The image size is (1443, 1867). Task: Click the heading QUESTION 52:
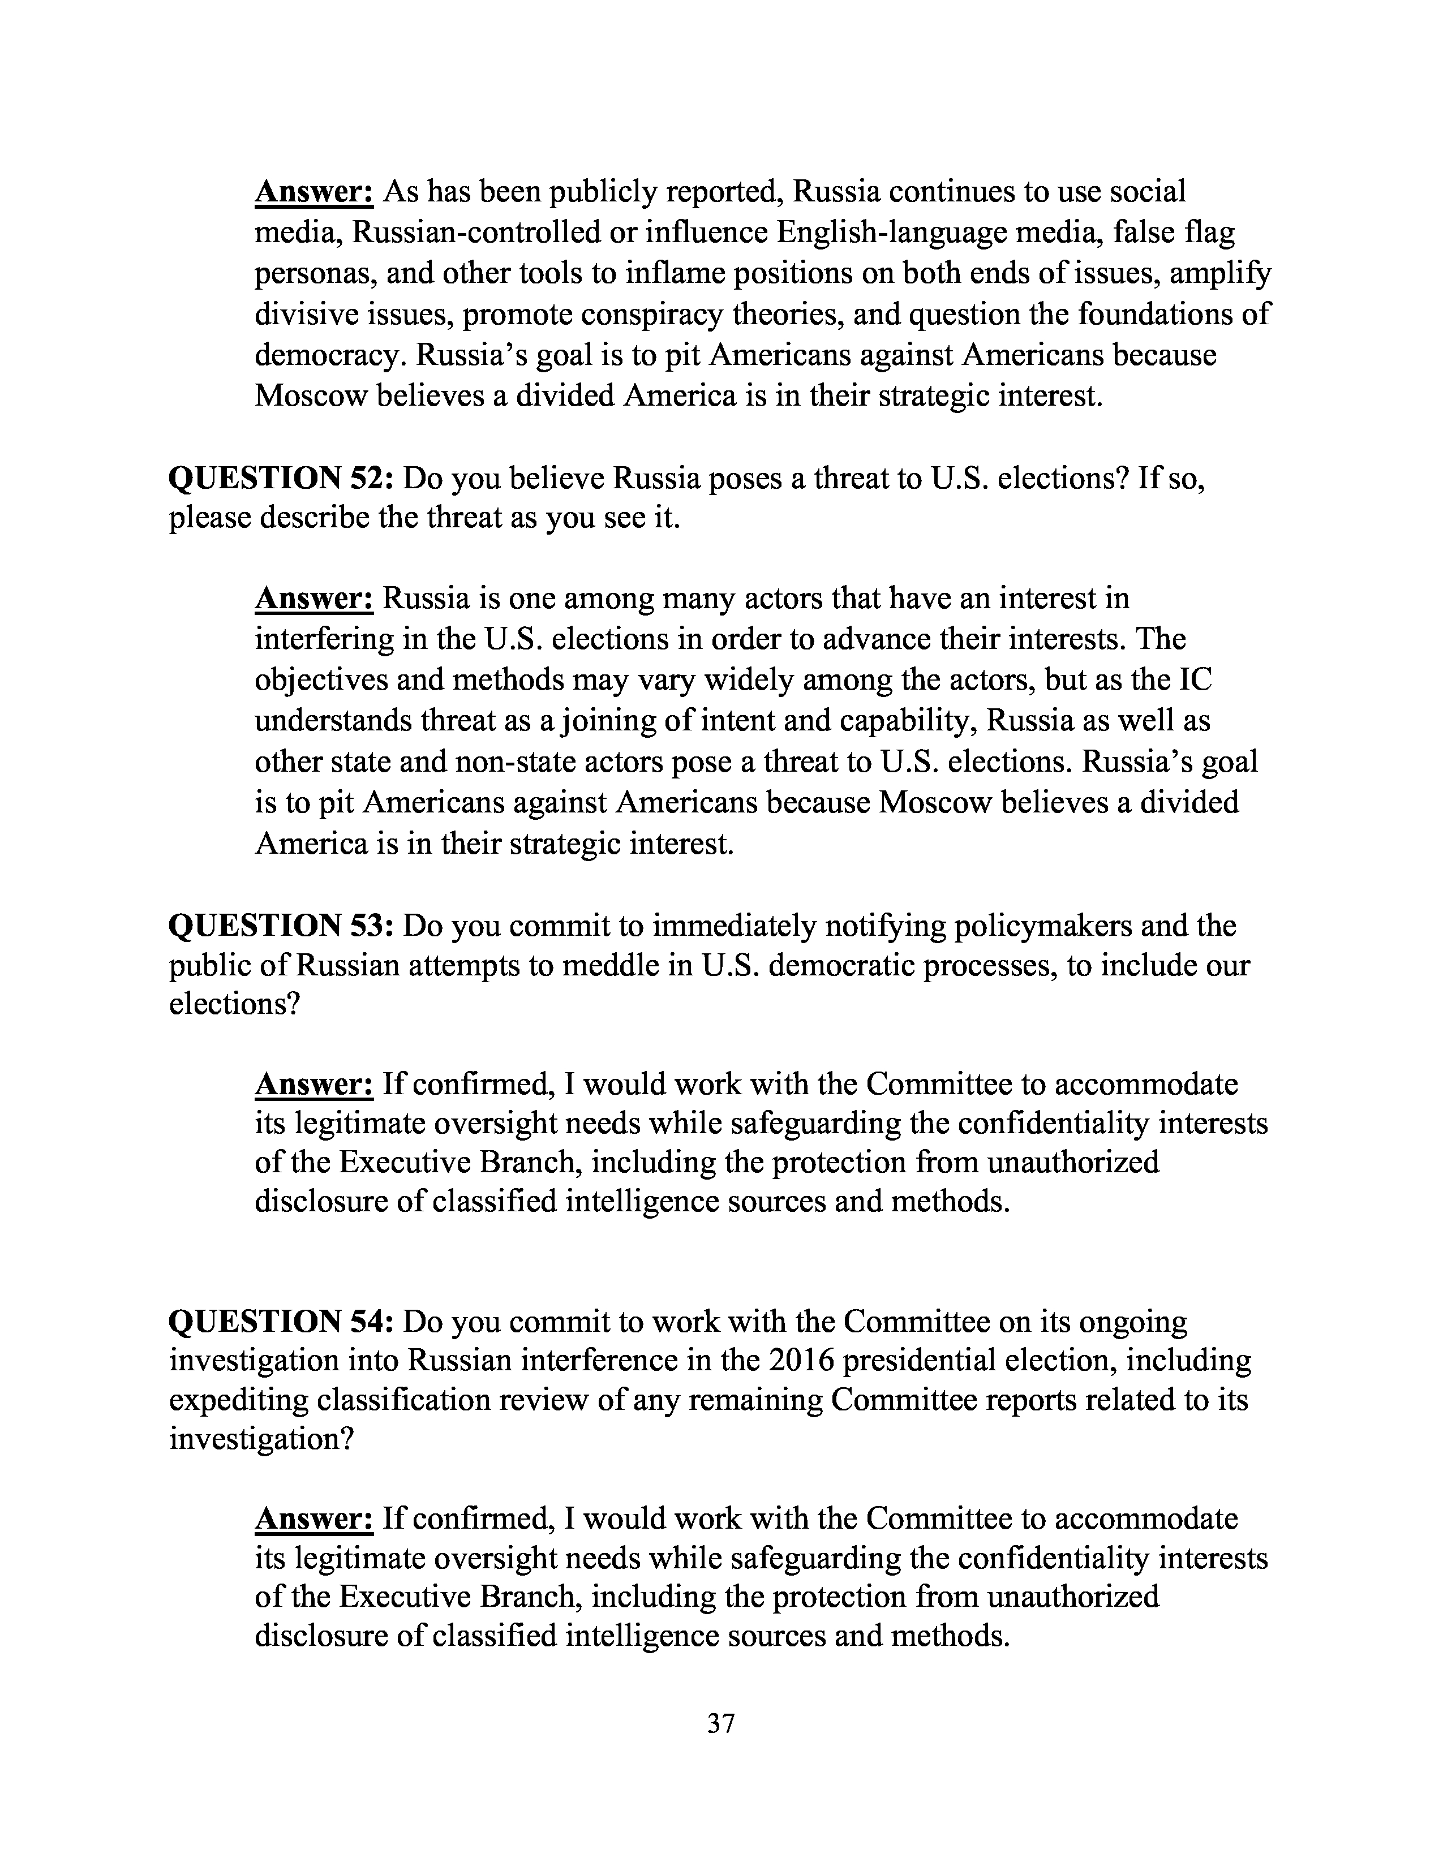280,478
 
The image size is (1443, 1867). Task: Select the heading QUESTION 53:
280,926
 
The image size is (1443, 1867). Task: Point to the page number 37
720,1723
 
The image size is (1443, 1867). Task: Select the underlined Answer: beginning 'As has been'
313,191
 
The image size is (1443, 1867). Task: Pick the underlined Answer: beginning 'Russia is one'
313,599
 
